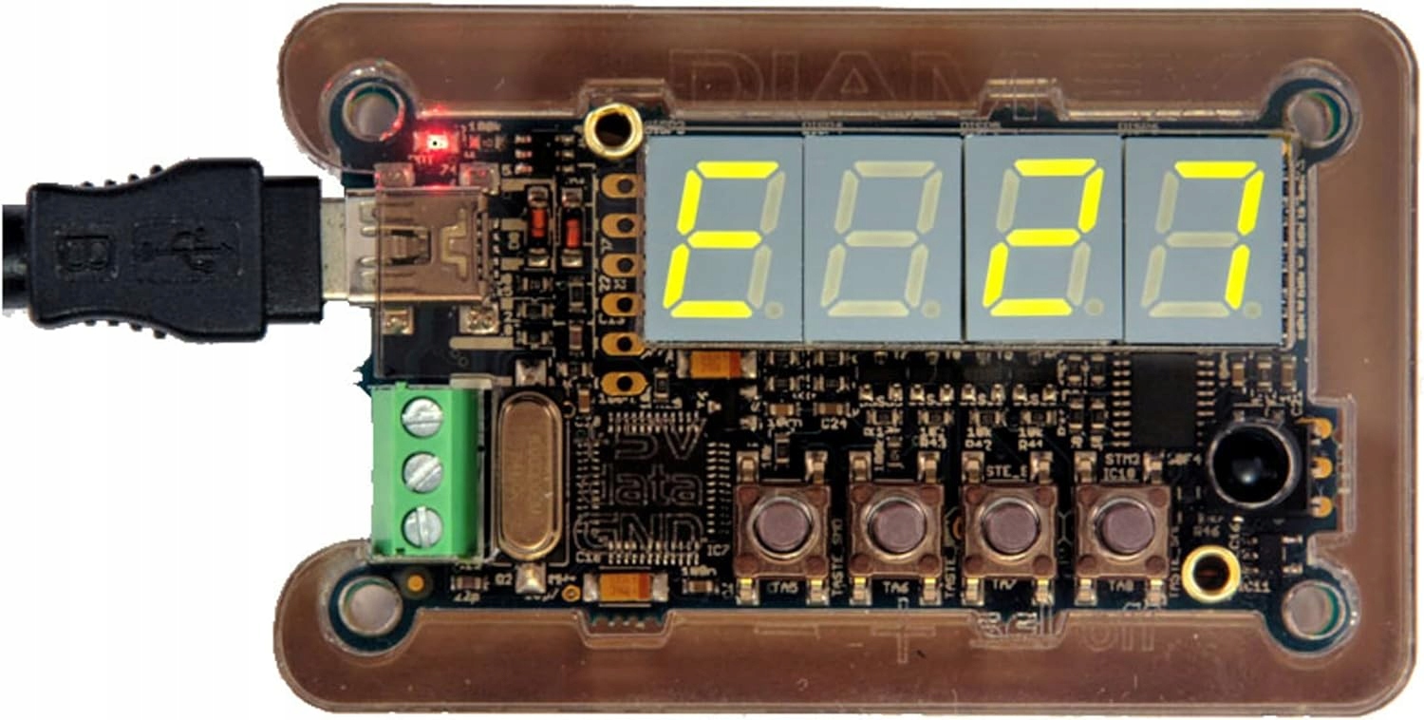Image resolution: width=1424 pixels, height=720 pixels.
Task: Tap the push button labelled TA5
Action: coord(781,527)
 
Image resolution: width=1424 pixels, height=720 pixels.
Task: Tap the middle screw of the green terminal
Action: coord(422,472)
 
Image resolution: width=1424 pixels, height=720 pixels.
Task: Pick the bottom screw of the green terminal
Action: coord(422,527)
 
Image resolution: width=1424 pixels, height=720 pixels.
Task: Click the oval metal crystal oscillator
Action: coord(530,477)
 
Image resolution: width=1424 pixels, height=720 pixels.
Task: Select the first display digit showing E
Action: coord(723,239)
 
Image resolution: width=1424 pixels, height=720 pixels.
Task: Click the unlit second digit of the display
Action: coord(883,239)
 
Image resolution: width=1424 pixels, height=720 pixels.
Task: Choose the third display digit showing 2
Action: coord(1042,239)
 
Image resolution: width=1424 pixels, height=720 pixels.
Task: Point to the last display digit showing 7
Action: coord(1204,239)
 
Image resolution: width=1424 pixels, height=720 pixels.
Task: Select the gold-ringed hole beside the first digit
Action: coord(612,127)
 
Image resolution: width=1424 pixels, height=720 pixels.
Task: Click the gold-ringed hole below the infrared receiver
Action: coord(1210,574)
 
